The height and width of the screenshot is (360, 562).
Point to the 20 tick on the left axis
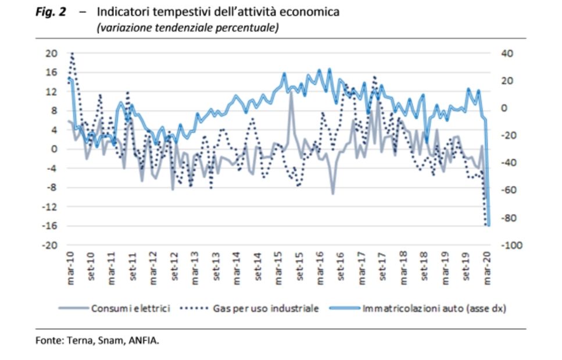tap(52, 54)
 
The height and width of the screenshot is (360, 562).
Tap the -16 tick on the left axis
tap(50, 226)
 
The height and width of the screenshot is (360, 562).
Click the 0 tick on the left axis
tap(54, 149)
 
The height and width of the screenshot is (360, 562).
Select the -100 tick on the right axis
tap(507, 245)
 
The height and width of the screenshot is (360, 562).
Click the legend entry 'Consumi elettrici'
tap(130, 308)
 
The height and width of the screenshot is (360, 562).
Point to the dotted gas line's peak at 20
tap(72, 54)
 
